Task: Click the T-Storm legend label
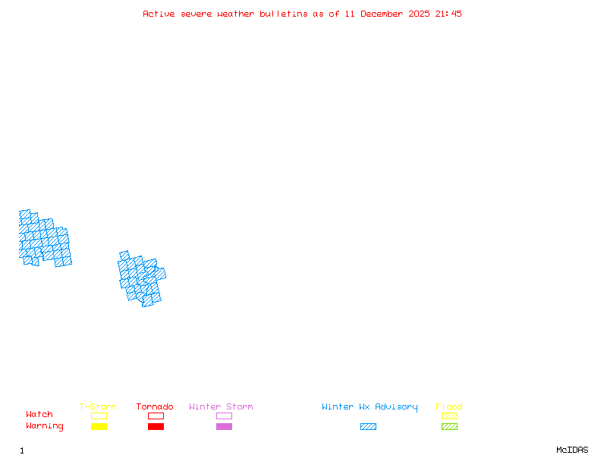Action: coord(98,407)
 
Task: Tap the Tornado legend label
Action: coord(155,407)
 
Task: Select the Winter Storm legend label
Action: coord(221,407)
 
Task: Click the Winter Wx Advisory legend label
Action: coord(370,407)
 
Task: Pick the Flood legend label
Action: coord(449,407)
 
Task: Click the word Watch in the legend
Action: coord(39,415)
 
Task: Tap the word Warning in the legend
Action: coord(45,426)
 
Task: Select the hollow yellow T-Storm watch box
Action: coord(99,416)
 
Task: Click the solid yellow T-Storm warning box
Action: coord(99,427)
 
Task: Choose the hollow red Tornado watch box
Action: coord(156,416)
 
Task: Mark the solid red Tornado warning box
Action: coord(156,427)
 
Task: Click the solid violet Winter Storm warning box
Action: coord(224,427)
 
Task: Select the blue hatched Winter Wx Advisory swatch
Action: coord(368,427)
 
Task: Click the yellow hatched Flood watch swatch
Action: coord(449,416)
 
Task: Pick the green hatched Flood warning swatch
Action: coord(449,427)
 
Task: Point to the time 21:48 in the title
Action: coord(448,14)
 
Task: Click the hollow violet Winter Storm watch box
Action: coord(224,416)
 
